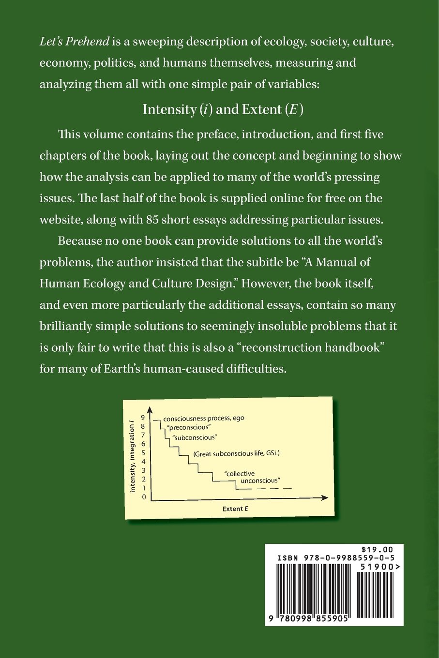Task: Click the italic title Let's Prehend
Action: point(74,42)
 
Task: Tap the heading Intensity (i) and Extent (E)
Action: point(223,109)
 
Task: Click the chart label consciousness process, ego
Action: point(204,419)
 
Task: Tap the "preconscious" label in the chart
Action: point(188,427)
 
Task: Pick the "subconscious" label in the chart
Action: point(194,437)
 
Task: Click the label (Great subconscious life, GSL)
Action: point(236,454)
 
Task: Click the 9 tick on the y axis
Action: point(143,417)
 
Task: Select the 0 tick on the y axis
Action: point(144,497)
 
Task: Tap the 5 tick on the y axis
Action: point(143,453)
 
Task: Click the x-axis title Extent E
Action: point(235,508)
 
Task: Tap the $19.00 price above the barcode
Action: point(377,550)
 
